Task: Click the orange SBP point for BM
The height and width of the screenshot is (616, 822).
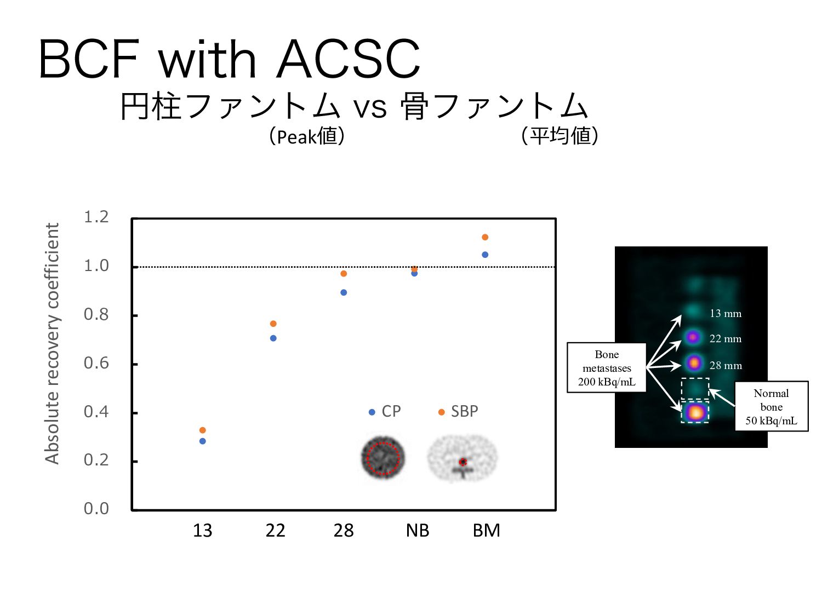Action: pos(485,237)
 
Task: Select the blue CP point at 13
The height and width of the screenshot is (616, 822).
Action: pos(203,441)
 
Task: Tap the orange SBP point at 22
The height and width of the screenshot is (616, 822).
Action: pos(273,324)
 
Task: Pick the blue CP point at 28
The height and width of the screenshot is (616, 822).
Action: pos(344,292)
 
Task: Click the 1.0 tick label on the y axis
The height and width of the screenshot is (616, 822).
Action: pos(96,266)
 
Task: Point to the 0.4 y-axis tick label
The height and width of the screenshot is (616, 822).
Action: pos(96,412)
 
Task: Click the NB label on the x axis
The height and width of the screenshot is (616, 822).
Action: pos(418,531)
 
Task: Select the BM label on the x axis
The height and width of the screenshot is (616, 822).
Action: pos(487,531)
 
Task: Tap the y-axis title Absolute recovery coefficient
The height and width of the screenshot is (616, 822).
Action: pos(52,343)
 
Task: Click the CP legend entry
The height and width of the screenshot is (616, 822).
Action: pos(386,411)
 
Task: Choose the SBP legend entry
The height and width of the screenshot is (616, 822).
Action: pos(459,411)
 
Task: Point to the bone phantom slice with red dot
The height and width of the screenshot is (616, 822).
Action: pos(463,459)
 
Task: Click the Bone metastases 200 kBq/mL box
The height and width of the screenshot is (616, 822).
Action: pos(607,368)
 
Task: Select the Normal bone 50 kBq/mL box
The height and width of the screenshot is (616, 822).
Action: pos(771,406)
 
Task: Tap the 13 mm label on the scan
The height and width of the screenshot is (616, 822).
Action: pos(726,314)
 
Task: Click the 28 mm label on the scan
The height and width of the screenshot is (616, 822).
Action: pos(726,365)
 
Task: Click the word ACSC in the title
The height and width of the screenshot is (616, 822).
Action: pos(349,59)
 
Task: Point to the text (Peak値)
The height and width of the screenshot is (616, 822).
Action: pos(307,136)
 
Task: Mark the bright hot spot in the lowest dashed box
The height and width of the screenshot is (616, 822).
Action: pos(695,412)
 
